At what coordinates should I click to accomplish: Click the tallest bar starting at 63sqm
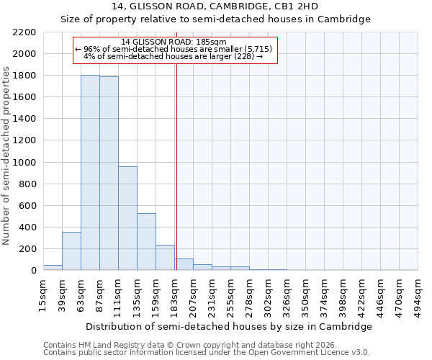90,173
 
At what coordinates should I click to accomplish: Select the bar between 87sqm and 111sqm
109,174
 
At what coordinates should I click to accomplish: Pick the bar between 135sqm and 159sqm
146,242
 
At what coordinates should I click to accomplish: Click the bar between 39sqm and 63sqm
71,251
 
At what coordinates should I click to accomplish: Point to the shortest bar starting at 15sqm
53,267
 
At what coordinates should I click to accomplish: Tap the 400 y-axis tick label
28,228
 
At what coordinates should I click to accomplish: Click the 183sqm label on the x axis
175,295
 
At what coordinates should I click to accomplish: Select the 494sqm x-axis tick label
418,295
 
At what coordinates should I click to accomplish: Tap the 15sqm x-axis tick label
44,295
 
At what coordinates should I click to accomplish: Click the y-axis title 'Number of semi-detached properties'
7,155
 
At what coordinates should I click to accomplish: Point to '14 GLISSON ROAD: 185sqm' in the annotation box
174,42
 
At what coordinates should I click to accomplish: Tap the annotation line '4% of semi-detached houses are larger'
173,56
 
